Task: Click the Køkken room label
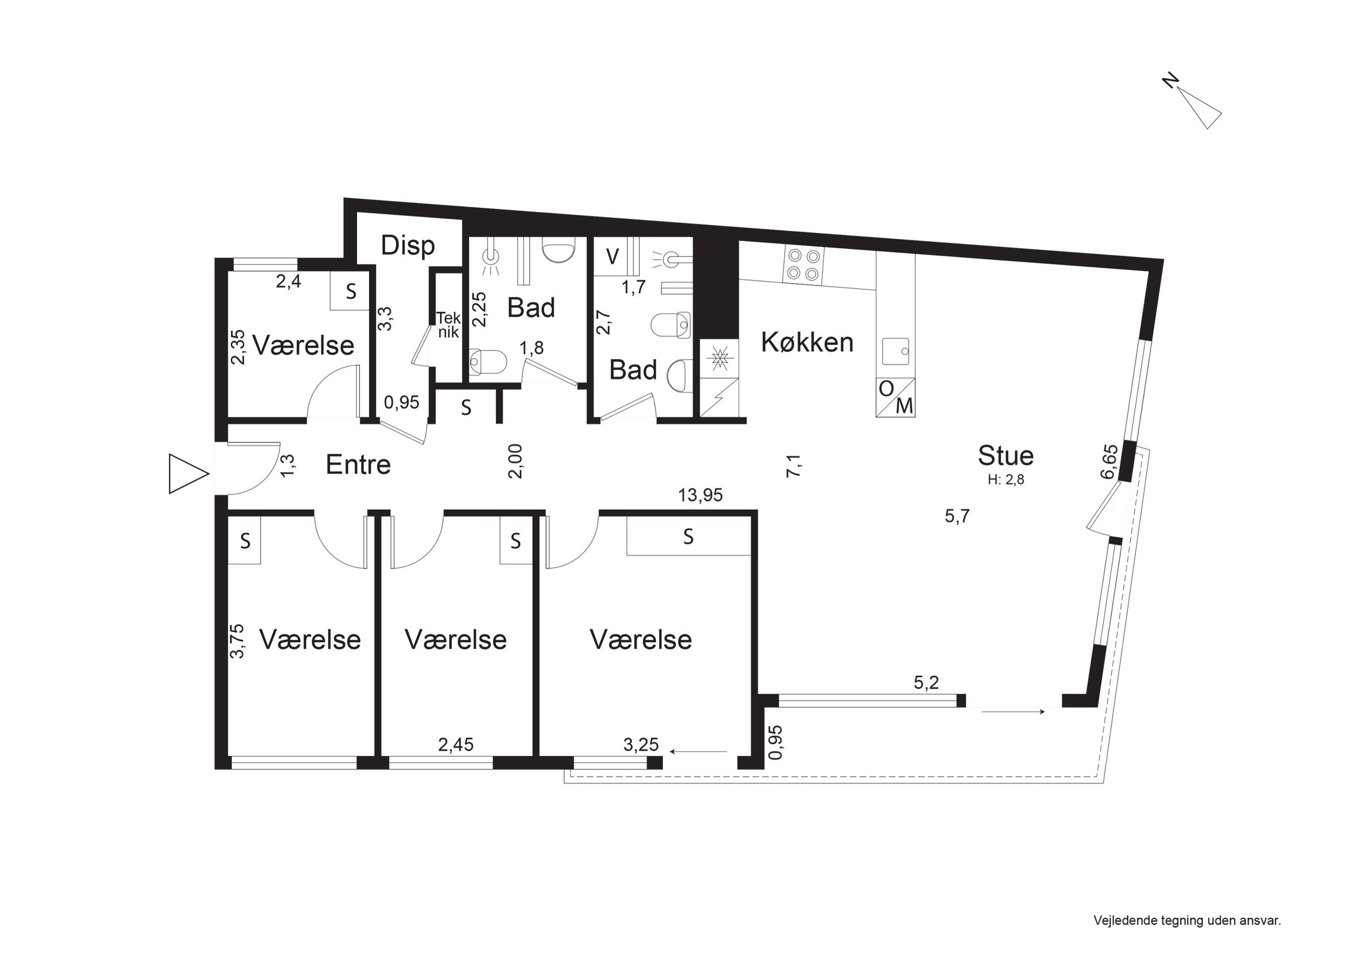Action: click(x=807, y=343)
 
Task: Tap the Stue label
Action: click(x=1006, y=456)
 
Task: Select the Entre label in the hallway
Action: click(x=358, y=465)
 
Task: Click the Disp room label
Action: click(x=408, y=245)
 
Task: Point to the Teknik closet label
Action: click(x=448, y=325)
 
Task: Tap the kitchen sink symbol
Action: click(x=896, y=352)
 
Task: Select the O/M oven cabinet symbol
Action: click(x=895, y=397)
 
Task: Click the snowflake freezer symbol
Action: click(x=720, y=358)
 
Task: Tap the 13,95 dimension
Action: click(x=701, y=495)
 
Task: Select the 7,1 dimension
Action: click(x=794, y=465)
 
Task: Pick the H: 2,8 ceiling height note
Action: click(x=1006, y=479)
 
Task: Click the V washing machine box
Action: click(x=613, y=256)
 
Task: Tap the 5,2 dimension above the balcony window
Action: click(x=927, y=683)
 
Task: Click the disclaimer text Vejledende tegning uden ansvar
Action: click(x=1187, y=921)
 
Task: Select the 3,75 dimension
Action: click(x=237, y=641)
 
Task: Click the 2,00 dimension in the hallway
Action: click(x=515, y=461)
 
